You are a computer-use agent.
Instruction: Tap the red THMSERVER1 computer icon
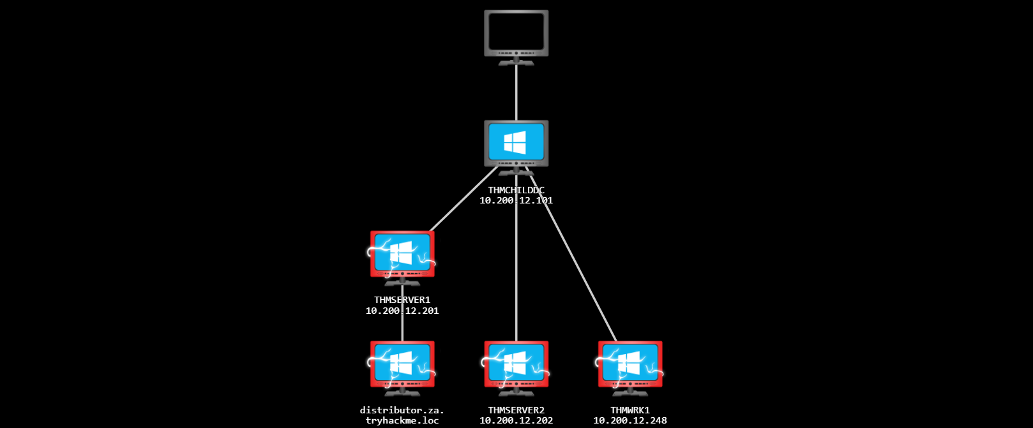coord(402,255)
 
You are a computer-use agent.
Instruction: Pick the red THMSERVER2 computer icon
coord(516,365)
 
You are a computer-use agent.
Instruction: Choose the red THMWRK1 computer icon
coord(630,365)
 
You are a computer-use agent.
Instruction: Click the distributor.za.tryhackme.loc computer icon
coord(402,365)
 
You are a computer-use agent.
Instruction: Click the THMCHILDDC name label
coord(516,190)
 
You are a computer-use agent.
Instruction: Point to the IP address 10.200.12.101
coord(516,200)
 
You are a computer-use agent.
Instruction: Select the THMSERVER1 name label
coord(402,300)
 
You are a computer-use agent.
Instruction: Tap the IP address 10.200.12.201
coord(402,311)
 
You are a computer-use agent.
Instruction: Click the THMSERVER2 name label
coord(516,410)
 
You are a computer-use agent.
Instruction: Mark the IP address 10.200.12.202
coord(516,420)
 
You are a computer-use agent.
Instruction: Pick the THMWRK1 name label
coord(630,410)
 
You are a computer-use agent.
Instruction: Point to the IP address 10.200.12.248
coord(630,420)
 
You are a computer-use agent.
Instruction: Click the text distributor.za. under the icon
coord(402,410)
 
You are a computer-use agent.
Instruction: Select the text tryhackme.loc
coord(402,420)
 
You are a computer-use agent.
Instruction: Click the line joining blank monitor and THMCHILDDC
coord(516,92)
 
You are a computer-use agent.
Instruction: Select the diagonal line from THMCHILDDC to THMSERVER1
coord(463,199)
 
